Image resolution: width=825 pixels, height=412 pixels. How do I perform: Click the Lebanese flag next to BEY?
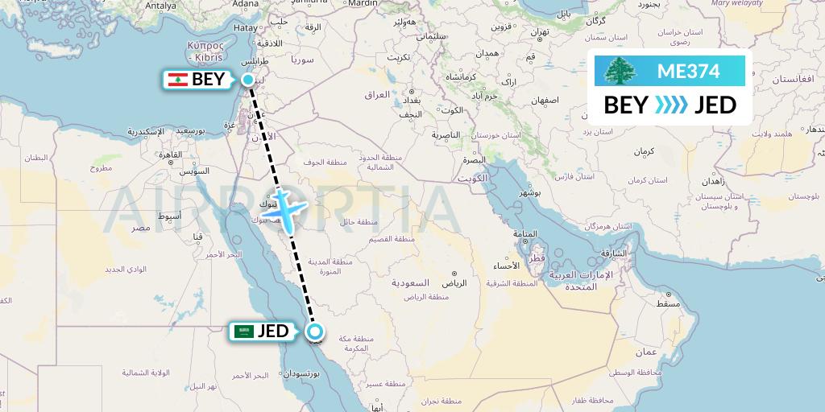tap(177, 80)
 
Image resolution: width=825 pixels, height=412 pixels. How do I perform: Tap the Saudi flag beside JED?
tap(243, 331)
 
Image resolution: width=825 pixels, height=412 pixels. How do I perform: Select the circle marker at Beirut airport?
tap(248, 80)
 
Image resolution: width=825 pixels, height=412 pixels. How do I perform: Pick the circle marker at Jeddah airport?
tap(316, 331)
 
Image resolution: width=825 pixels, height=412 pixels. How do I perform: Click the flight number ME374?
tap(688, 71)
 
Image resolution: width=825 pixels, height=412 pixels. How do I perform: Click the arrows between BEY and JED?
tap(671, 105)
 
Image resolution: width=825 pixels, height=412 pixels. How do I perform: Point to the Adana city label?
tap(246, 4)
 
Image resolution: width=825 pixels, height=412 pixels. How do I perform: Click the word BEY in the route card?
tap(624, 105)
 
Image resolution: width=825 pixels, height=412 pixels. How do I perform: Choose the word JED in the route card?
tap(715, 105)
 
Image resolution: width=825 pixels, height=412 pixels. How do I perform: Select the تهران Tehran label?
tap(539, 32)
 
